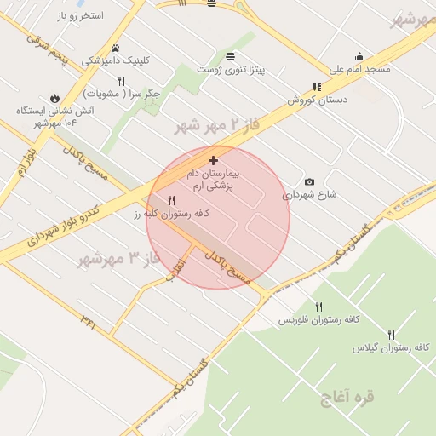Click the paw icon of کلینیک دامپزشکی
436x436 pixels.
pos(115,48)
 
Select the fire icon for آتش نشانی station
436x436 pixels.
pos(55,98)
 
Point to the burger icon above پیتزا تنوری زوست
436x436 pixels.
pos(231,56)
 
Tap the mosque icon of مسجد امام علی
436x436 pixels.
pos(359,56)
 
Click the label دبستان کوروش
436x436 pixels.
pos(313,100)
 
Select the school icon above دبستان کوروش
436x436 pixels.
pos(317,87)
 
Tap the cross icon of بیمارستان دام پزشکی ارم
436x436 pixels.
pos(213,160)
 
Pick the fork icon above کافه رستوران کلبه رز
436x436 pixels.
pos(172,201)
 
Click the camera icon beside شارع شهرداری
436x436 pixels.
pos(308,181)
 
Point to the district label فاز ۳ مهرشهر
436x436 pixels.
pos(119,257)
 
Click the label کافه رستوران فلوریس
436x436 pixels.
pos(313,320)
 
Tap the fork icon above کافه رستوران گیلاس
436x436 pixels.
pos(392,335)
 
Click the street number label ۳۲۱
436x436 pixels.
pos(88,320)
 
